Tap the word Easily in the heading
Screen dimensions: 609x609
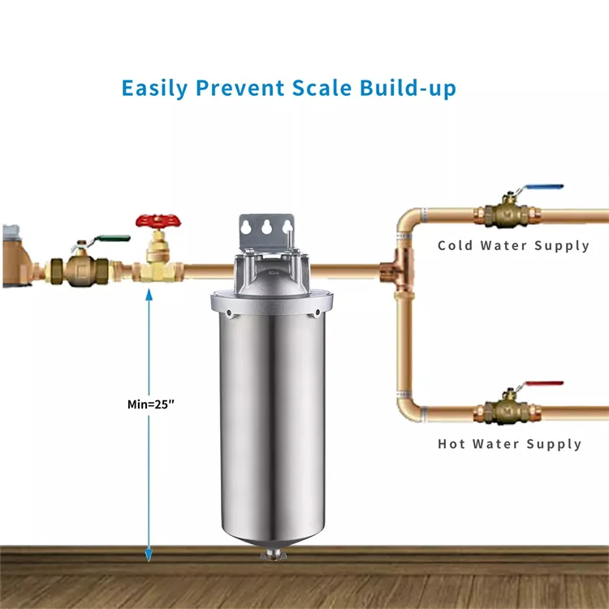pyautogui.click(x=155, y=89)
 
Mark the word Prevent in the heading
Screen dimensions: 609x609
pyautogui.click(x=240, y=88)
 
